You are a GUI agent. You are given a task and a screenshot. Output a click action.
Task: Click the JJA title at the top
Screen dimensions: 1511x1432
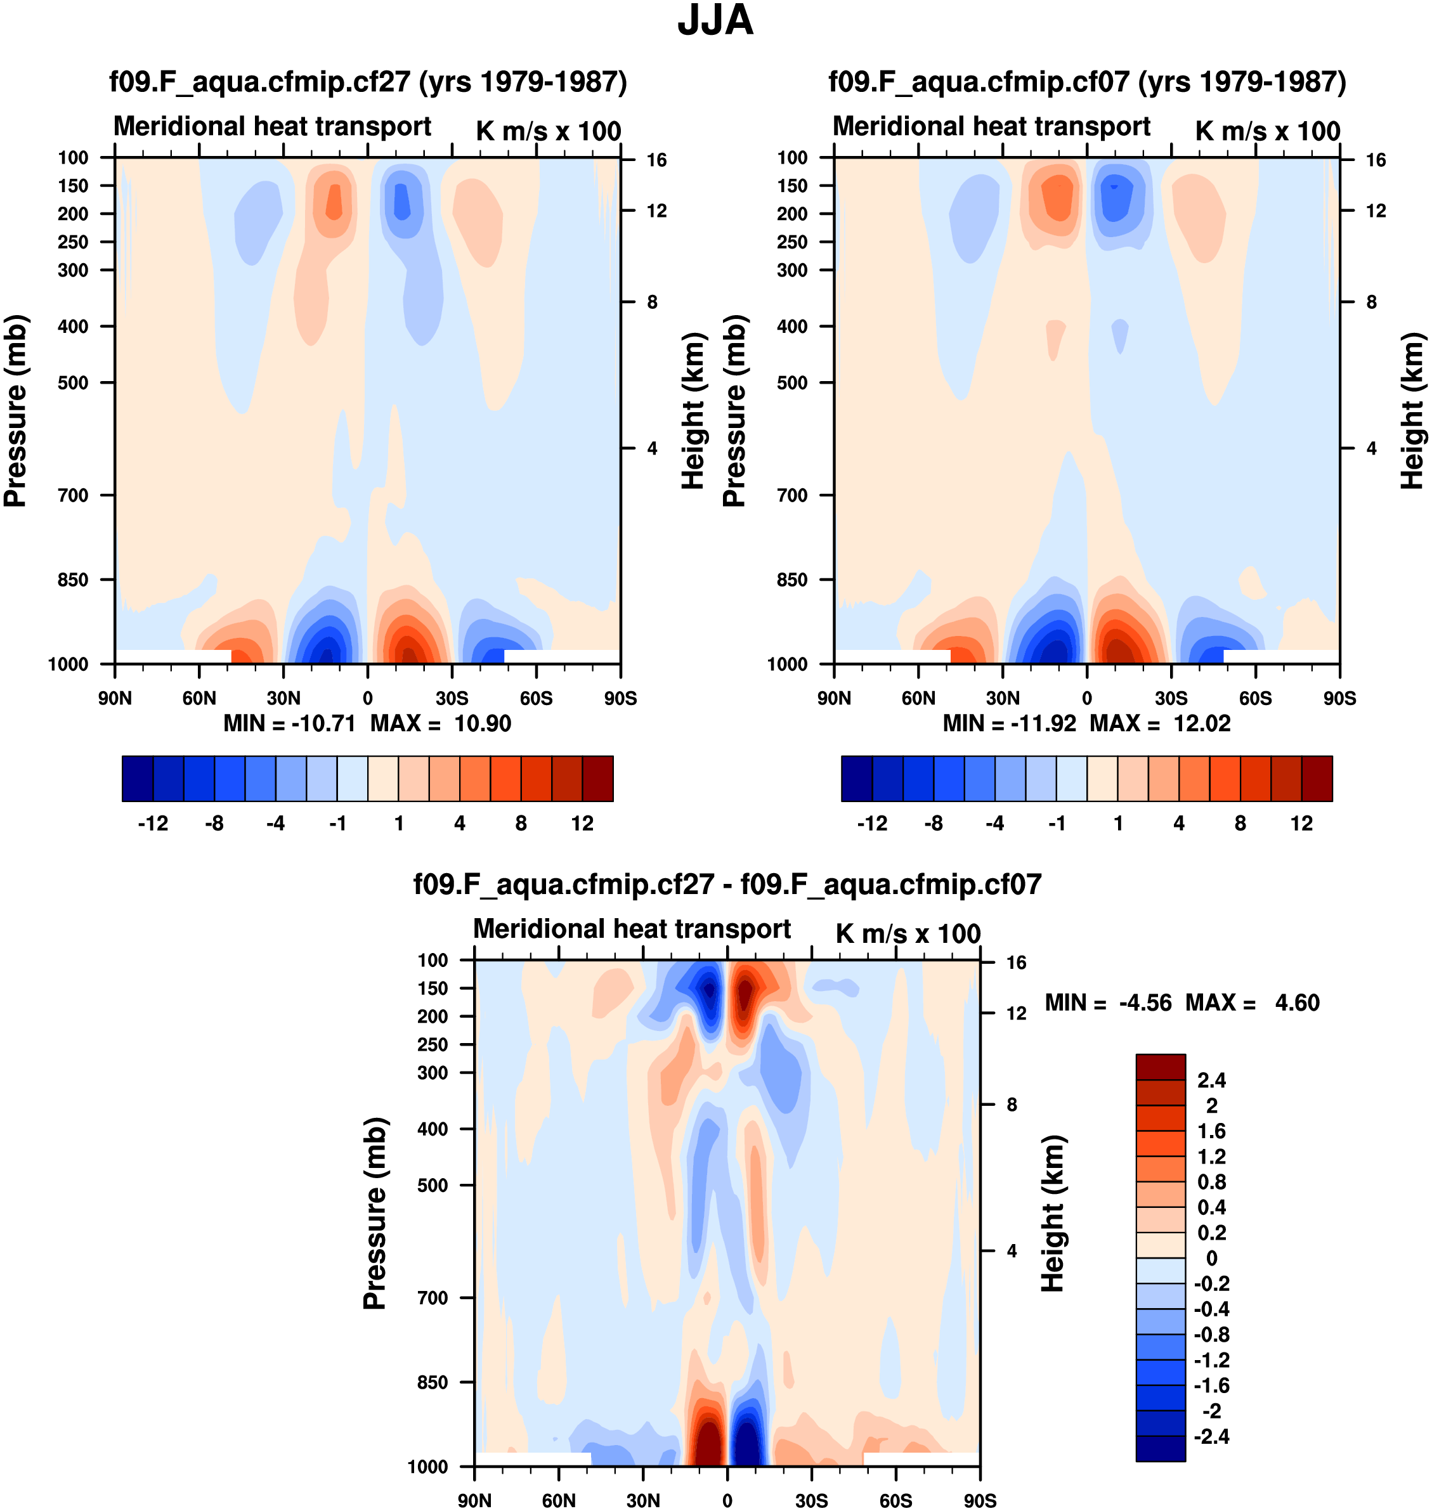coord(715,20)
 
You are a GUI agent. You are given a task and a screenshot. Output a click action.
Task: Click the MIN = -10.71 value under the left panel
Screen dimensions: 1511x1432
coord(289,723)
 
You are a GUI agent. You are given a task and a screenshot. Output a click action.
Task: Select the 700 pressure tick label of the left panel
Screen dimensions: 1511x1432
coord(74,495)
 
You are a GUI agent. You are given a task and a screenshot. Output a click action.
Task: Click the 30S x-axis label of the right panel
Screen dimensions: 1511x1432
coord(1171,698)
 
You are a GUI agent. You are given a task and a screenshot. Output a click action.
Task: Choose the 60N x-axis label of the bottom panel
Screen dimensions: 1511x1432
coord(559,1500)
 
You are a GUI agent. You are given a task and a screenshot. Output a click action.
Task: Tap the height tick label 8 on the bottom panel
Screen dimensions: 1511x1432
coord(1012,1105)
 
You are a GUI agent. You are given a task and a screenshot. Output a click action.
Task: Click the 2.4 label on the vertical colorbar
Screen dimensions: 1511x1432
coord(1211,1080)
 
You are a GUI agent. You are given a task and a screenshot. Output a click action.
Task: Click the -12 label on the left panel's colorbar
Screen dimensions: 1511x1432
coord(153,824)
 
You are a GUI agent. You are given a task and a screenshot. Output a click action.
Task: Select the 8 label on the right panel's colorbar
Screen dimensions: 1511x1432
coord(1240,824)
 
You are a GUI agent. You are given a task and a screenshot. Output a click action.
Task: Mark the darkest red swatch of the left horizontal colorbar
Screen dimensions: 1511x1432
coord(597,779)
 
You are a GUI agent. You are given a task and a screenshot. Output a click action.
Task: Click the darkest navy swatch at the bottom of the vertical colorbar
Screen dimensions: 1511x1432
coord(1161,1448)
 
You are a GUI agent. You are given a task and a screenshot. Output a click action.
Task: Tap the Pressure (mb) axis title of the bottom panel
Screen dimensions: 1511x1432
coord(375,1214)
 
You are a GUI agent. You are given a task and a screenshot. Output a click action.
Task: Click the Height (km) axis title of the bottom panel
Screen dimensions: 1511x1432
coord(1053,1214)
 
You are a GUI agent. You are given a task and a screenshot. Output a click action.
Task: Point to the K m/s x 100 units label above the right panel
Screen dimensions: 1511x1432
coord(1267,131)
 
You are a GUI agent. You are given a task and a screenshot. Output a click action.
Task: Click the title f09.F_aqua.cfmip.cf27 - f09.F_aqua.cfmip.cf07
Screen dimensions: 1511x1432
coord(727,885)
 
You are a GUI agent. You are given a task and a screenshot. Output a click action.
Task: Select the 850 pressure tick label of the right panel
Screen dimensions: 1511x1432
coord(792,580)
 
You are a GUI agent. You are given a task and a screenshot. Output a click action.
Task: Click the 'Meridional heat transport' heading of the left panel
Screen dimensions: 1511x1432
coord(273,127)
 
